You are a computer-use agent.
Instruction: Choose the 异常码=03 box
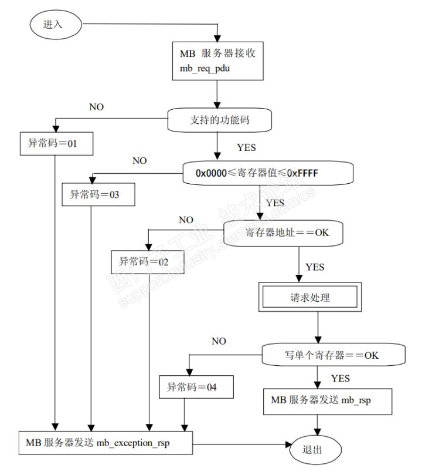[98, 195]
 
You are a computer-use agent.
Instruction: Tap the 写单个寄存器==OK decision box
[333, 354]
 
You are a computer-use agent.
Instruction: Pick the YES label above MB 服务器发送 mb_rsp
[341, 379]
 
